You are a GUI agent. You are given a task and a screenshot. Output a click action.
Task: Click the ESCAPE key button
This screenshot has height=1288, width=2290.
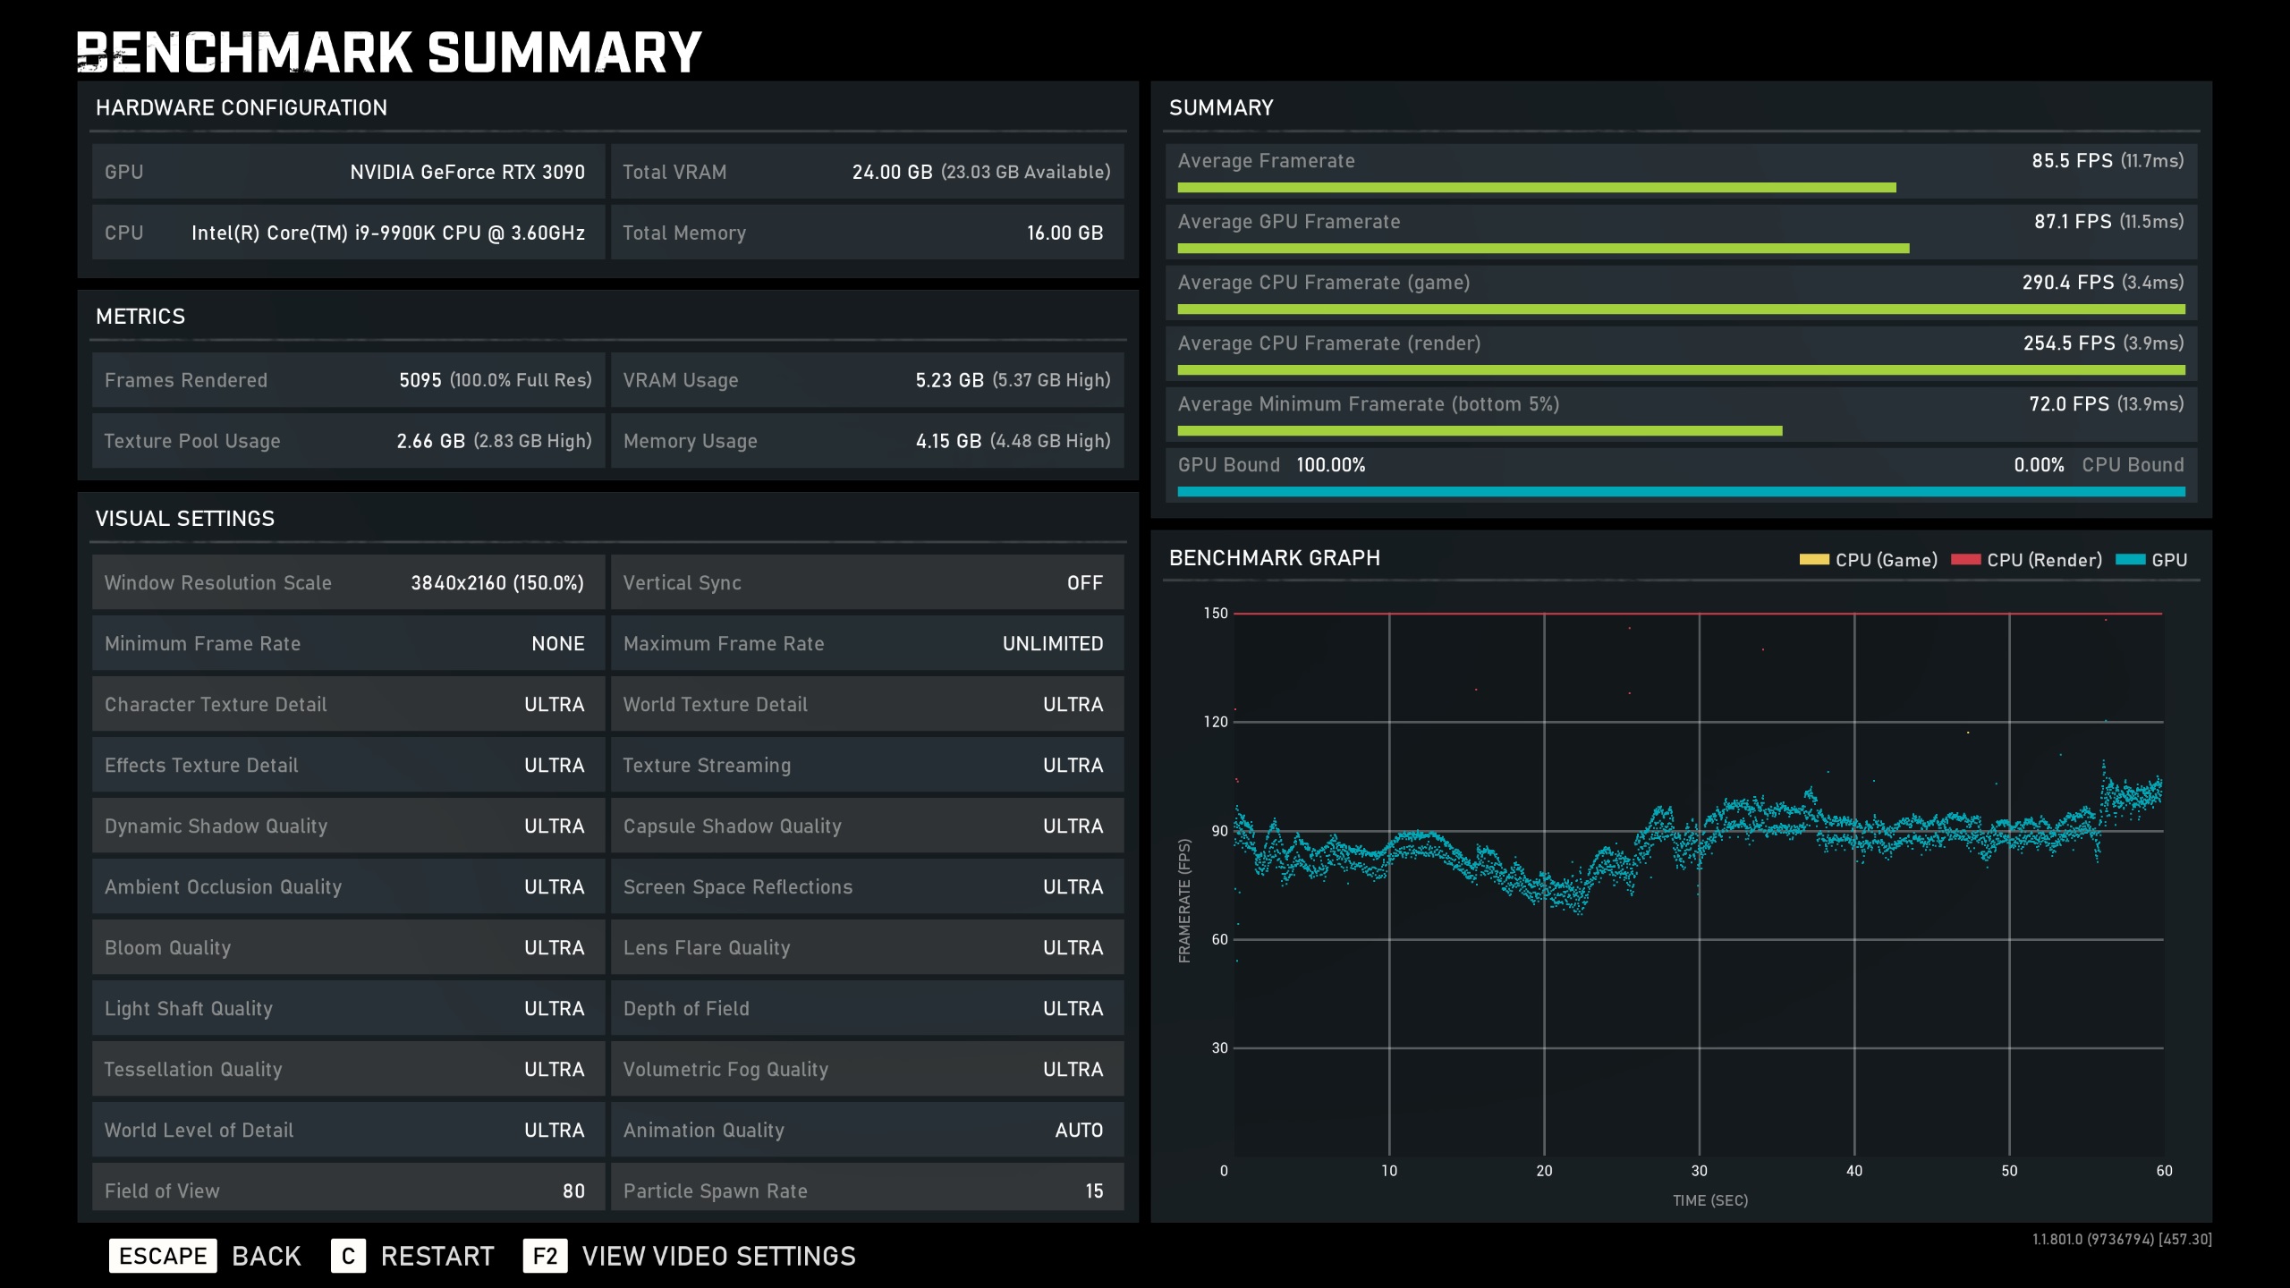[163, 1256]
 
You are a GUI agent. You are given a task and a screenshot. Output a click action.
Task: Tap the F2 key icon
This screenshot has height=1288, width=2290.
[545, 1256]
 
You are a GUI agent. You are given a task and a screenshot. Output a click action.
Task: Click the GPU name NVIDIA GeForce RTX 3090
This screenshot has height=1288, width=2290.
[467, 172]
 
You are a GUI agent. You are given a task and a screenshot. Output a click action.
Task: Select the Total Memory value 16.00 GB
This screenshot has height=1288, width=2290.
[1064, 233]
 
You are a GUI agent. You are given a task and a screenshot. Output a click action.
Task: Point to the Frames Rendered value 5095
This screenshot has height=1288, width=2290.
[420, 380]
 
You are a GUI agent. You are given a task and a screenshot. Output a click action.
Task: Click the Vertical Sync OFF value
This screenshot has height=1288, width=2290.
[1084, 583]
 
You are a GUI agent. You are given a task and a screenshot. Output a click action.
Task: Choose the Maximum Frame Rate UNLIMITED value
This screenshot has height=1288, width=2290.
[1052, 644]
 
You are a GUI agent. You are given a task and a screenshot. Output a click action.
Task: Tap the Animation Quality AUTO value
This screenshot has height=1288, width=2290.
[1079, 1131]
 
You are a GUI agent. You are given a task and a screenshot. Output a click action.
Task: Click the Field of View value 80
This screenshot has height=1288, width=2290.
[573, 1191]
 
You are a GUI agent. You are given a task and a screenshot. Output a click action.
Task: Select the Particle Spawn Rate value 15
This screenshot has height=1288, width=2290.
[1094, 1191]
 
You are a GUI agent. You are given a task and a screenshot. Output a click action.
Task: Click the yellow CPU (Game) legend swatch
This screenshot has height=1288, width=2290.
[1814, 560]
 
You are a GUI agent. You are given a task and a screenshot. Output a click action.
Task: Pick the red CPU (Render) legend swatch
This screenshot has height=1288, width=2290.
[1965, 560]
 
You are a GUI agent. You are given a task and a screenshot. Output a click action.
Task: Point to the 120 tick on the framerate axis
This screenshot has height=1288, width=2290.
[1216, 722]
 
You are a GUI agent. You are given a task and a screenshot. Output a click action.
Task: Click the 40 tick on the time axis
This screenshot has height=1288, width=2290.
[1854, 1171]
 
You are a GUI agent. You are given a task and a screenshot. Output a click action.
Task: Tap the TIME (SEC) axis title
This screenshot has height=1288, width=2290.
[1709, 1200]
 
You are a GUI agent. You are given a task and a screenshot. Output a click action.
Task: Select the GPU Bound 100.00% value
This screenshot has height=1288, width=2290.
[1330, 465]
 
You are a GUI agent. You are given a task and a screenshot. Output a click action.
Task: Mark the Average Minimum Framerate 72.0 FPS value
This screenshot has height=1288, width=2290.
[2069, 404]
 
